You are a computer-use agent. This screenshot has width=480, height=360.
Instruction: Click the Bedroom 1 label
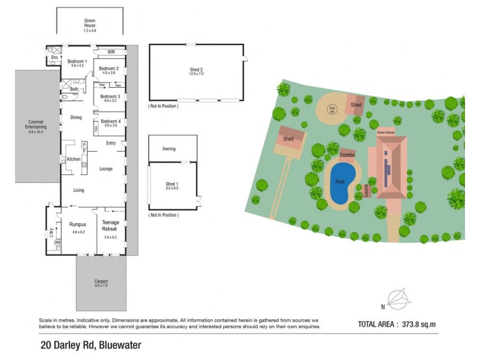click(77, 61)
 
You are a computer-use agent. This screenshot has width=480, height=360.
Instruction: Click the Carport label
click(100, 281)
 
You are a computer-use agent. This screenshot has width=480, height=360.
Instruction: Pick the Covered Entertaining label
click(36, 123)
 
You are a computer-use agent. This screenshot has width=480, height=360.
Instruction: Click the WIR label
click(112, 52)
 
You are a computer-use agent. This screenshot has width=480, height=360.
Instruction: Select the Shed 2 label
click(197, 69)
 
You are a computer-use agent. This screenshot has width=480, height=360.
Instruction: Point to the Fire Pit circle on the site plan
click(332, 109)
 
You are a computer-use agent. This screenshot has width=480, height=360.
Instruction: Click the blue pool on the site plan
click(343, 182)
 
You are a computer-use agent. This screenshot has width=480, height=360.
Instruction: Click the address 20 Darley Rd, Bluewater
click(90, 346)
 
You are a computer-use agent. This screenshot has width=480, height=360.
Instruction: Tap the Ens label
click(54, 58)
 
